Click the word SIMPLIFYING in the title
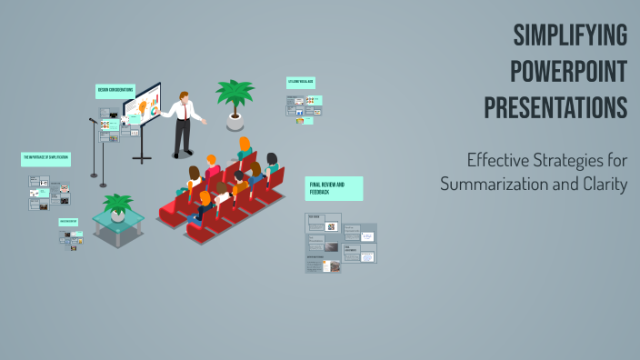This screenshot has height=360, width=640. [570, 36]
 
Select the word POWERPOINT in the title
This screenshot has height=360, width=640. [569, 72]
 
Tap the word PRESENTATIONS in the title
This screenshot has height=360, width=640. [555, 107]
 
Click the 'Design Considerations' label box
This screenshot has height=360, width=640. [115, 90]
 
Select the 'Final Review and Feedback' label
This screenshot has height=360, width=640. [334, 188]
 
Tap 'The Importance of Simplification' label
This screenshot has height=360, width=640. [45, 158]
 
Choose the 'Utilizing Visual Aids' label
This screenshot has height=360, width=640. [301, 82]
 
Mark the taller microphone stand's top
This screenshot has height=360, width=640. [93, 120]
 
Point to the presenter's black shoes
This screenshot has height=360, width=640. [182, 154]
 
